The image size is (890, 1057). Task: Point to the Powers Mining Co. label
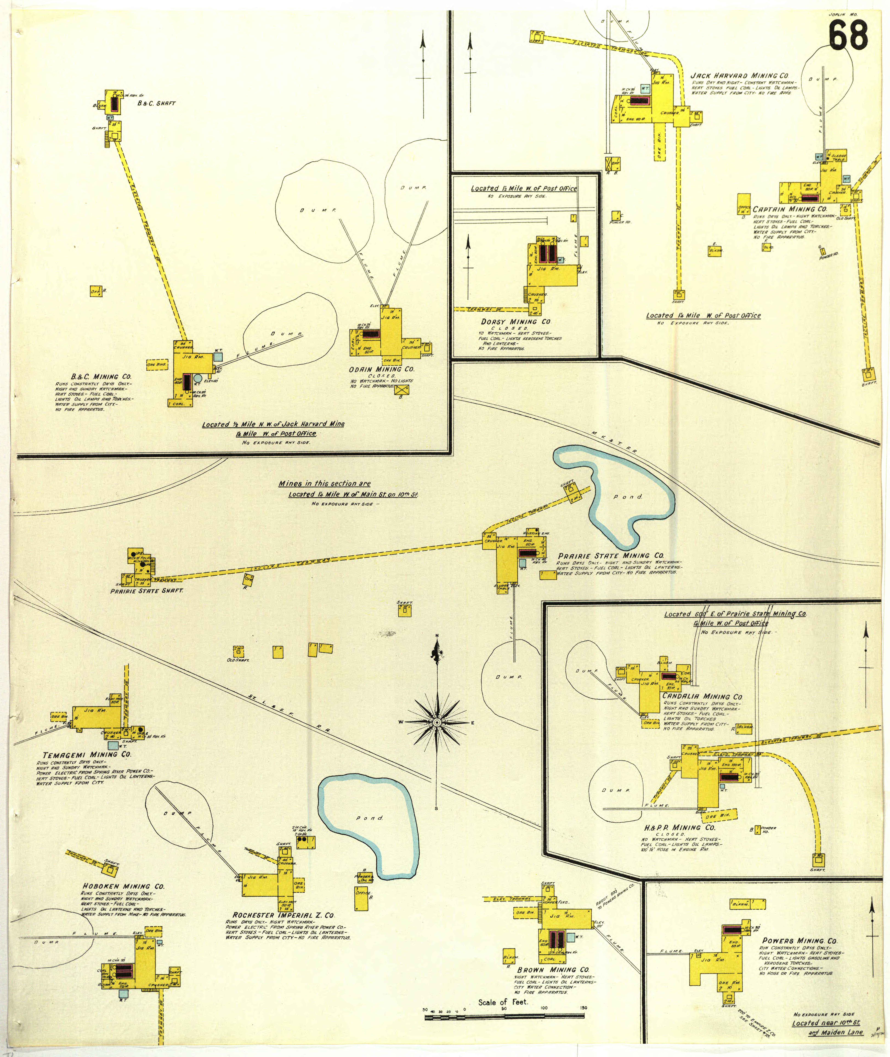click(x=799, y=941)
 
